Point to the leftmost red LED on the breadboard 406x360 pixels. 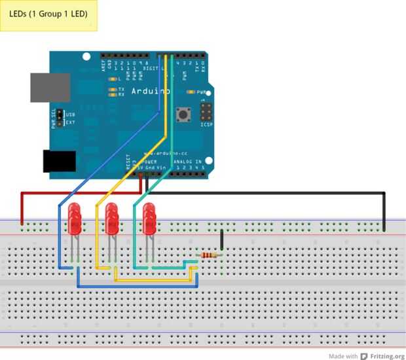[74, 219]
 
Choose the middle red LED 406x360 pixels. [112, 219]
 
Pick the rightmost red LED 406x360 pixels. [150, 219]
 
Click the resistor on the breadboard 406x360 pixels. [209, 256]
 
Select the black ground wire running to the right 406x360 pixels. [275, 193]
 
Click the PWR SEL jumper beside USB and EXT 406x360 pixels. [59, 118]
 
